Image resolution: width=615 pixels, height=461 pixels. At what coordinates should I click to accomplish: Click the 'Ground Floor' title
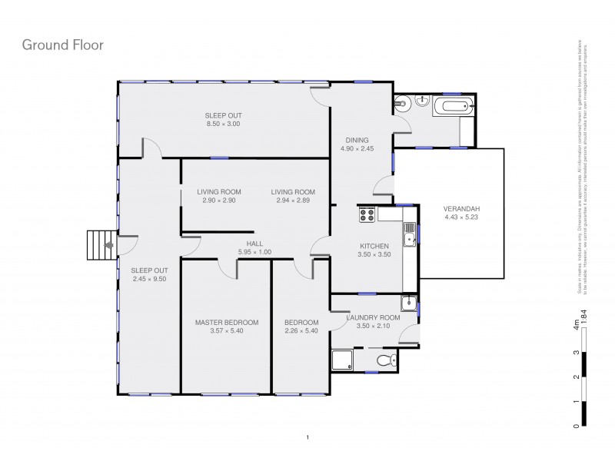pos(62,45)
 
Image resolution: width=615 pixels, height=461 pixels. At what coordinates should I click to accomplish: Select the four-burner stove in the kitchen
pos(366,216)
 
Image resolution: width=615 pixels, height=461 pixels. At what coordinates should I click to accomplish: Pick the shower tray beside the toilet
pos(341,360)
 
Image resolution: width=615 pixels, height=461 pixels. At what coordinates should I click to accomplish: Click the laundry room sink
pos(411,303)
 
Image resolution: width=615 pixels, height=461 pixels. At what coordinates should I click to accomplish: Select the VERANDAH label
pos(461,208)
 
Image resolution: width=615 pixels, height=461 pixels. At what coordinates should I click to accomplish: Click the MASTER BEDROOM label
pos(226,323)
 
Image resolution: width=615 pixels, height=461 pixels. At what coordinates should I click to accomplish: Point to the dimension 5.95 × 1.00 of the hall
pos(254,253)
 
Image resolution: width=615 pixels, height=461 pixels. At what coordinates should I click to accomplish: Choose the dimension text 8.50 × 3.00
pos(223,124)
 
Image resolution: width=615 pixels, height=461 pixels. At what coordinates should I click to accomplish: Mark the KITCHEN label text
pos(375,246)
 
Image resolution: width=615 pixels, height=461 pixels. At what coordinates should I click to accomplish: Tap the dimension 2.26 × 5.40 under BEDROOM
pos(301,331)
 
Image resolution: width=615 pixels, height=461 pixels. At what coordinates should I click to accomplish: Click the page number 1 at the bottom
pos(307,438)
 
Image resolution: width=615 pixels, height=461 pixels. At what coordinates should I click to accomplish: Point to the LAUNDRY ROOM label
pos(374,317)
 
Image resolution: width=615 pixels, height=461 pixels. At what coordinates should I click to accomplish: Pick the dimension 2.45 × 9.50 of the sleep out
pos(149,279)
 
